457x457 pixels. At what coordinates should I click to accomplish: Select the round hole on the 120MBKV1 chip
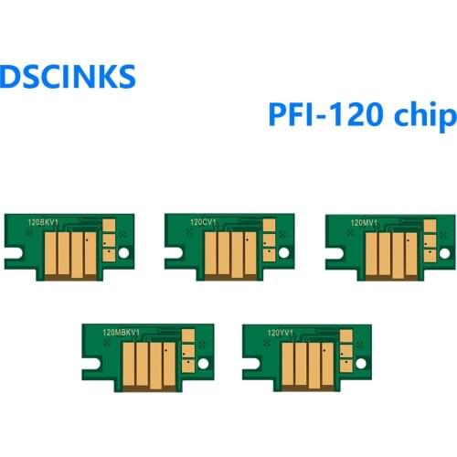point(203,361)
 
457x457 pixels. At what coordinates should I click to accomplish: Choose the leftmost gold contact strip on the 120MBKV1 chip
point(128,356)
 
